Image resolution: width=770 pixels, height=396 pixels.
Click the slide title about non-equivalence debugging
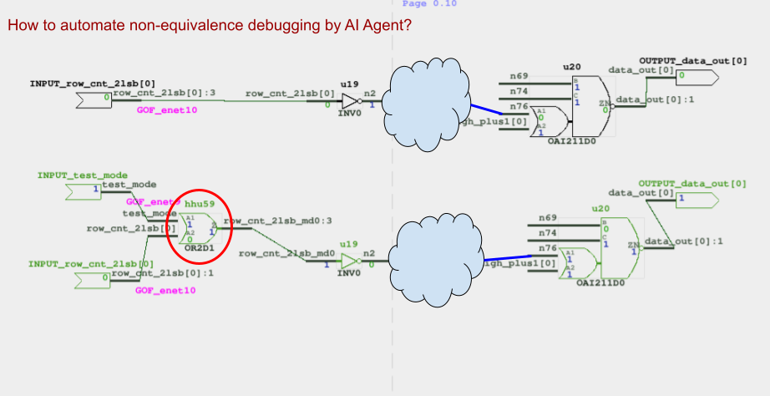(x=209, y=26)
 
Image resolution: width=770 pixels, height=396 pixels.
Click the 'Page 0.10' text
(x=429, y=4)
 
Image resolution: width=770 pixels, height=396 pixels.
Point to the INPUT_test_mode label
(x=83, y=175)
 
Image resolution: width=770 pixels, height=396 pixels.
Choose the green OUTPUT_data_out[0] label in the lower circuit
(x=693, y=183)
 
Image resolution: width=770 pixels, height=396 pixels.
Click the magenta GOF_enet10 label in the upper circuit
(x=166, y=110)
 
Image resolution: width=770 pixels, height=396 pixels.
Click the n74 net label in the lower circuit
(x=547, y=232)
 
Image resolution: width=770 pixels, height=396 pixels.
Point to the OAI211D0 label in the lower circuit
(x=600, y=282)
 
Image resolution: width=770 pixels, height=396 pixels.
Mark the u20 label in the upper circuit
(x=571, y=65)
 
